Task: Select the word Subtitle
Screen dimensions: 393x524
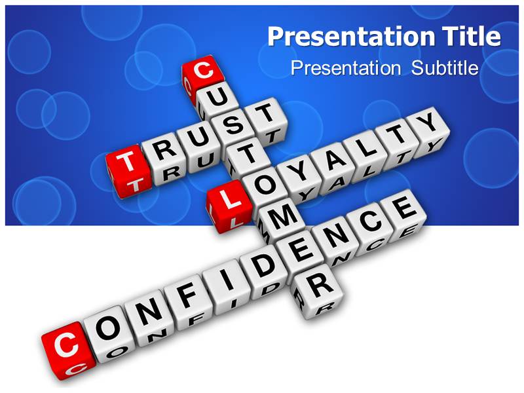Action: [x=445, y=68]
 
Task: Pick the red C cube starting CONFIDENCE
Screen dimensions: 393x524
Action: [x=64, y=346]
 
